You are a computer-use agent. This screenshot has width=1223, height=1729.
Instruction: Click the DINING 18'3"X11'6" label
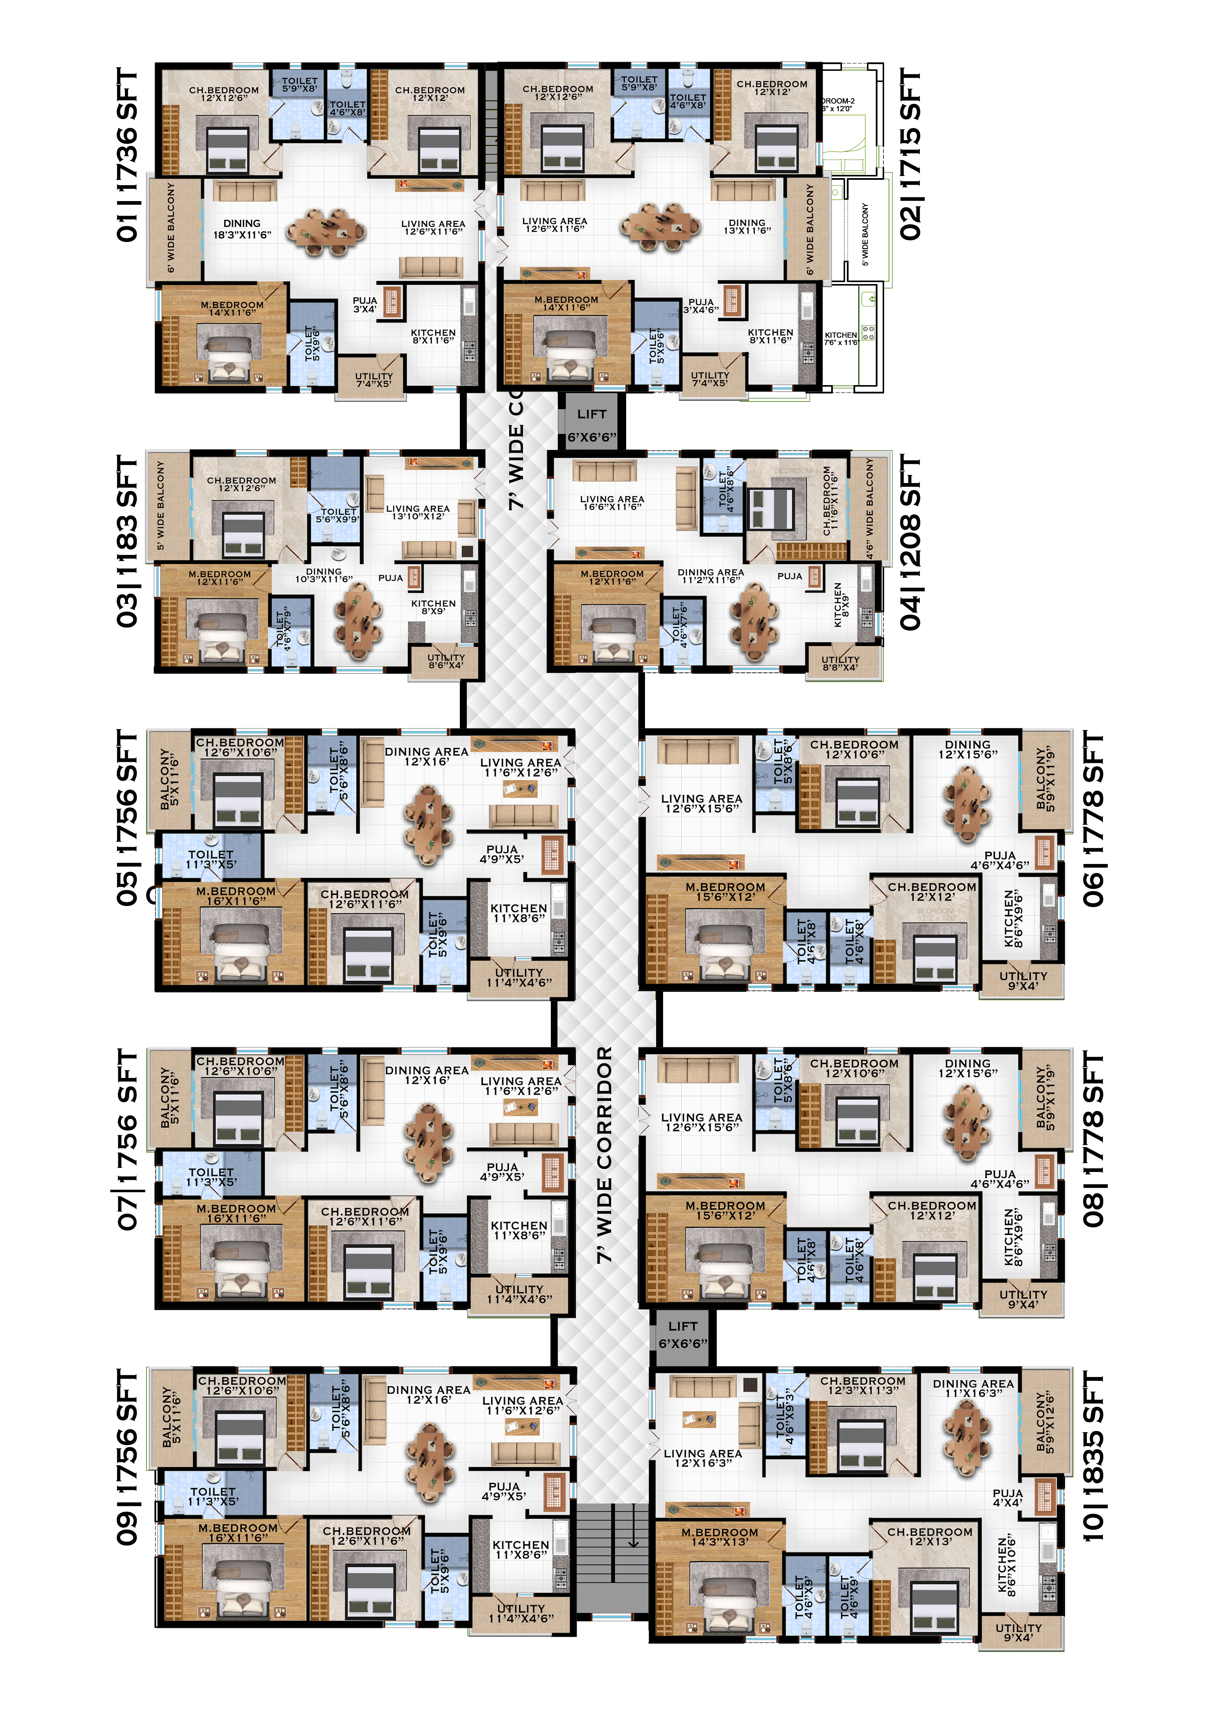click(242, 229)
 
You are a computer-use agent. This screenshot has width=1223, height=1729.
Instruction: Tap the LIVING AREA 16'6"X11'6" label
click(611, 503)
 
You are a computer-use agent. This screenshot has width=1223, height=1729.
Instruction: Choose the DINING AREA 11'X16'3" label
click(973, 1388)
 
